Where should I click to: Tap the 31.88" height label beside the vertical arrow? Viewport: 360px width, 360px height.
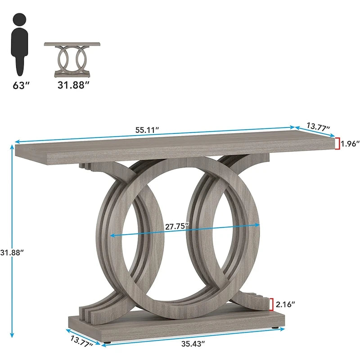[x=12, y=252]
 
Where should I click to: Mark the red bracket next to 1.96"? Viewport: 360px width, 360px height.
[x=337, y=144]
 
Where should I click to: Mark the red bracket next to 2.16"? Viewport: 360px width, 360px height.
[x=271, y=305]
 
